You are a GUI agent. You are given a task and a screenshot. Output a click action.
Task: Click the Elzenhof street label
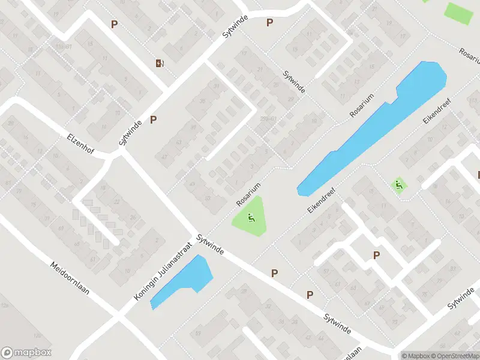(x=81, y=144)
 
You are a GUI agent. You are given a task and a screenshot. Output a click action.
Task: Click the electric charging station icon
(x=160, y=64)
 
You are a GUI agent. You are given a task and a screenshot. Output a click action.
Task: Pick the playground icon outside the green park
(x=397, y=185)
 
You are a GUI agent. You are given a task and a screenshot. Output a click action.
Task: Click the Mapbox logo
(x=26, y=353)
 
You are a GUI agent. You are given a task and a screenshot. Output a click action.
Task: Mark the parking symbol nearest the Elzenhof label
(x=154, y=119)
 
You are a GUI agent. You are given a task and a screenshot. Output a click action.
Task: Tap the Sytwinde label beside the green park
(x=209, y=245)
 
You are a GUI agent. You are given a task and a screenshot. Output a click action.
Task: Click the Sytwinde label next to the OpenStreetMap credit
(x=461, y=298)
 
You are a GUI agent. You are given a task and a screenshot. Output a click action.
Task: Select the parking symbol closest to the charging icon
(x=114, y=24)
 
